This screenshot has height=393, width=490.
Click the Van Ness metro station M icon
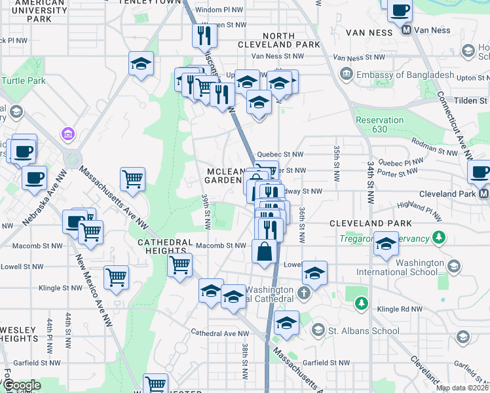[x=406, y=30]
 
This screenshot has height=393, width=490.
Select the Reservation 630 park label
[x=379, y=125]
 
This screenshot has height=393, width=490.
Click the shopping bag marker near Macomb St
[x=263, y=252]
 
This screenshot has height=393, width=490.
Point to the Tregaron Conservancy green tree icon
[x=443, y=236]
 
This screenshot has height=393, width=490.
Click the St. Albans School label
[x=365, y=330]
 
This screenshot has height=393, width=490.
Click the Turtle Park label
[x=24, y=81]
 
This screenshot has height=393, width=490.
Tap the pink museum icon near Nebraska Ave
[x=66, y=134]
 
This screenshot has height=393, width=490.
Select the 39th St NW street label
[x=206, y=212]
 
